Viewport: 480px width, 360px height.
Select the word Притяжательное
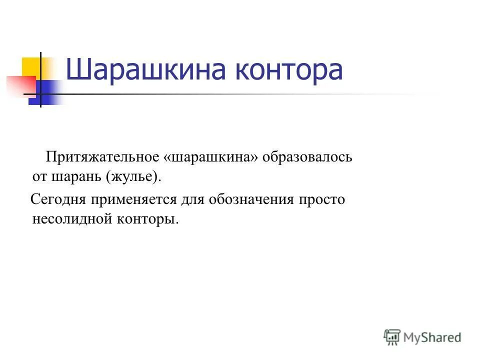pos(102,157)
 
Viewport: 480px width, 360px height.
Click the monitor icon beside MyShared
pos(392,337)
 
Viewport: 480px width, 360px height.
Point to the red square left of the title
pos(19,85)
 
